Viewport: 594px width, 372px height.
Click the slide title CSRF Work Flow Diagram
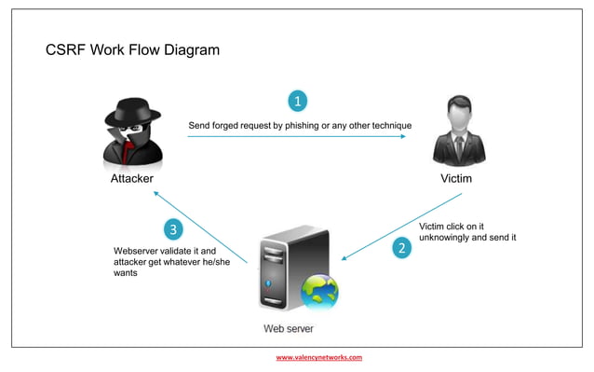132,49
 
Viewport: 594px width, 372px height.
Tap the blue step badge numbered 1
297,100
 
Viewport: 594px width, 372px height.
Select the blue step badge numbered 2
401,248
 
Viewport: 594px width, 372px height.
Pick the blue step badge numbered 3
172,228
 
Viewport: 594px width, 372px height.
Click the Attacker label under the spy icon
131,178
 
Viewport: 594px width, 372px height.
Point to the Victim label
456,178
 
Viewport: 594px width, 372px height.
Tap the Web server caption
288,328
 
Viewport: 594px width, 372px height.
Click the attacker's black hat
131,114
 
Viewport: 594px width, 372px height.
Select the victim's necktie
457,148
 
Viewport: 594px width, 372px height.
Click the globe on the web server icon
319,292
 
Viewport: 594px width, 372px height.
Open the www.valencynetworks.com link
318,357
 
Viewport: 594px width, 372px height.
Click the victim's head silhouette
457,119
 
